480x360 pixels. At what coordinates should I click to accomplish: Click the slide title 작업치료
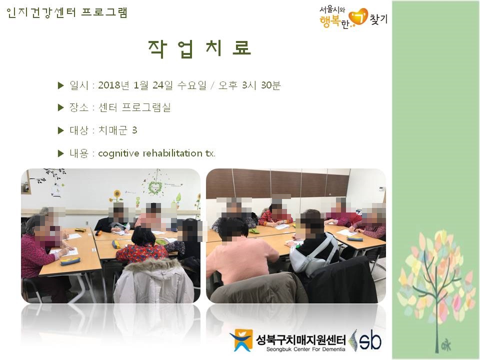[199, 49]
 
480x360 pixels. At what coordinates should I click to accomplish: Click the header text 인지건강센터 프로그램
[66, 12]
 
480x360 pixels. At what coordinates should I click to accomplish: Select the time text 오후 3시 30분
[249, 85]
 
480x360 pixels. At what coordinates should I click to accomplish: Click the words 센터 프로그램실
[134, 107]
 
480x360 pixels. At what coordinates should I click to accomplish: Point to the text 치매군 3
[117, 130]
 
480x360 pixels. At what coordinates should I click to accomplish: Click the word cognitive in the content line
[118, 153]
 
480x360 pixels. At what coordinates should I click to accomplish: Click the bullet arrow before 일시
[60, 85]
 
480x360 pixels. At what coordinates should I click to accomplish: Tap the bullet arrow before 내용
[60, 153]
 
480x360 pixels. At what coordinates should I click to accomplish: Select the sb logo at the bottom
[366, 340]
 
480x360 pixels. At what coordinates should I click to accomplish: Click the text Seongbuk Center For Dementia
[305, 349]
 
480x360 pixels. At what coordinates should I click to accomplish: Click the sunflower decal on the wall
[116, 195]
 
